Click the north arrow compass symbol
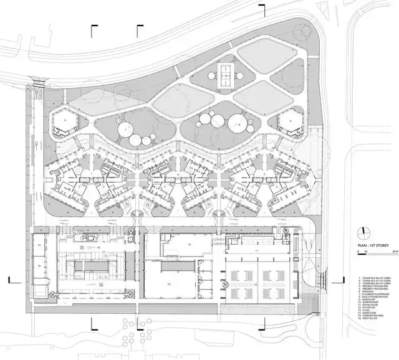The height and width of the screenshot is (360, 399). (x=363, y=232)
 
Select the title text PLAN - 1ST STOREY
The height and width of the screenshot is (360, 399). (x=373, y=246)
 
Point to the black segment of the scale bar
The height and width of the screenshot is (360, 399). (x=362, y=254)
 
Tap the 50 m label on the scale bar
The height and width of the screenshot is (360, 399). (x=395, y=252)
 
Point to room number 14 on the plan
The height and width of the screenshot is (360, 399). (x=39, y=245)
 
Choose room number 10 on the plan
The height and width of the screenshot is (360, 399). (x=189, y=244)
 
